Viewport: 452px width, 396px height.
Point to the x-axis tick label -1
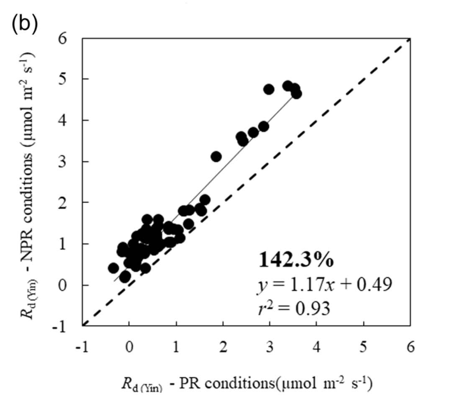point(80,347)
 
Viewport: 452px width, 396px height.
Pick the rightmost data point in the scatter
point(296,94)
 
